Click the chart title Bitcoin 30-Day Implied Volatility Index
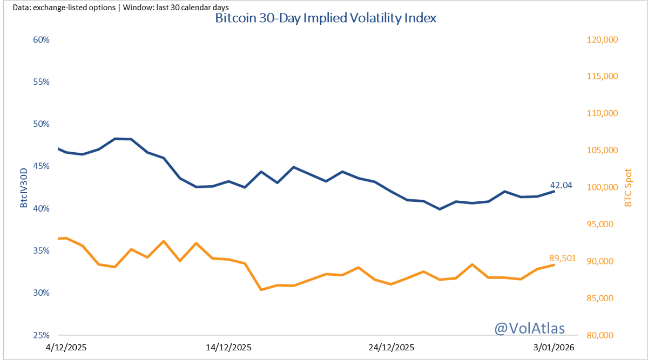[326, 18]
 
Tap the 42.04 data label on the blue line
[561, 185]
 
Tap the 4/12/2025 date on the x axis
[67, 347]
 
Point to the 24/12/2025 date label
[391, 347]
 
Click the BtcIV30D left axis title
[24, 188]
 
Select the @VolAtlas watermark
[530, 328]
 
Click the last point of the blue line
[553, 191]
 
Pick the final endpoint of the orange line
[553, 265]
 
